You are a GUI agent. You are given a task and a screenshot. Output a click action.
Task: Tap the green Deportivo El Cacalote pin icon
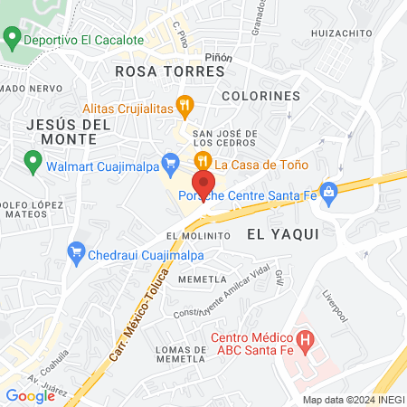coord(12,40)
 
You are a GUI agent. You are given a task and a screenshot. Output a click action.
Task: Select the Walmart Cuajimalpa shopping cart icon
coord(169,163)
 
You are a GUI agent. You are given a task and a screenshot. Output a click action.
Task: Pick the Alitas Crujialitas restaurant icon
coord(185,106)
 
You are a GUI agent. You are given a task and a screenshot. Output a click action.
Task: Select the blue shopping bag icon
coord(328,191)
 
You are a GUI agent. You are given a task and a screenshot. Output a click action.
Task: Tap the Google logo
coord(30,395)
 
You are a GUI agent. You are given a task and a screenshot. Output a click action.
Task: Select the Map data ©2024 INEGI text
coord(353,400)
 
